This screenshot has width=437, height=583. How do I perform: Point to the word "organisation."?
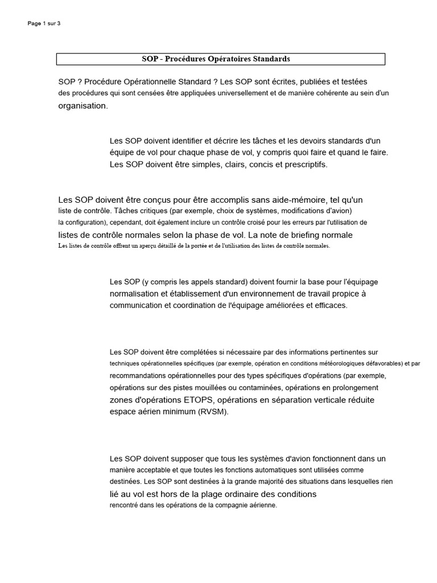click(x=83, y=106)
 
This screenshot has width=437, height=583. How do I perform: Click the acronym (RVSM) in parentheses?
click(x=213, y=412)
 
